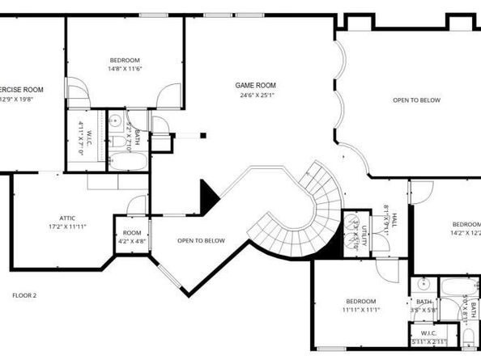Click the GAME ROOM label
256,85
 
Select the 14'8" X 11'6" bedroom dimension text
125,70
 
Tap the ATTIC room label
67,217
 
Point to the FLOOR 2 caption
24,295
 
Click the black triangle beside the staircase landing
208,195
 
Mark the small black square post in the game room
203,135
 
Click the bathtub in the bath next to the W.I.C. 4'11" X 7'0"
128,161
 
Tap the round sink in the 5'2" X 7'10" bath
116,121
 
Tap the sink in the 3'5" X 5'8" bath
423,285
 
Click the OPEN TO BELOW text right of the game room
416,100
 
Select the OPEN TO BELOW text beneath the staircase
201,240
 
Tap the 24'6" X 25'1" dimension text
256,95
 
